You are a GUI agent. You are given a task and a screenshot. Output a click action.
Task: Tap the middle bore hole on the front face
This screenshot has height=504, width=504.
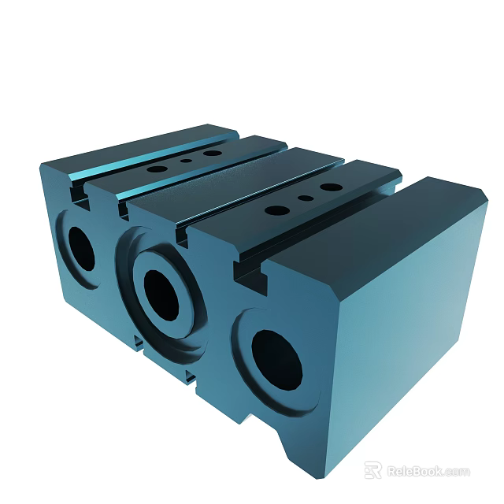[163, 294]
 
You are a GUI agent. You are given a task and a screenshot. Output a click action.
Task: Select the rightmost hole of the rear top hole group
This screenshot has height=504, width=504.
[210, 153]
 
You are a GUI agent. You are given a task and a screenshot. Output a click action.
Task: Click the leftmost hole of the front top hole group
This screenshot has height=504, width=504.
[277, 210]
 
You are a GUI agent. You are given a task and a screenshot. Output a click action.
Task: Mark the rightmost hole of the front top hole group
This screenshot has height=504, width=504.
[332, 188]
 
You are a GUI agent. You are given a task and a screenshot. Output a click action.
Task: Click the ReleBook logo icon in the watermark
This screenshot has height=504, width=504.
[373, 470]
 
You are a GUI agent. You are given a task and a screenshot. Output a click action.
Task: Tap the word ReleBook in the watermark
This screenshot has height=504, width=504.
[413, 471]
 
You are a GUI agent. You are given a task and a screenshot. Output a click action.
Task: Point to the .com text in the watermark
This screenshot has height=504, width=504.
[457, 472]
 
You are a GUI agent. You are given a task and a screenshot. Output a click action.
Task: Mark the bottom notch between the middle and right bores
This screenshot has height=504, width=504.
[192, 379]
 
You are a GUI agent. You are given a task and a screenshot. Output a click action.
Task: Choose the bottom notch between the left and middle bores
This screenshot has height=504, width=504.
[138, 341]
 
